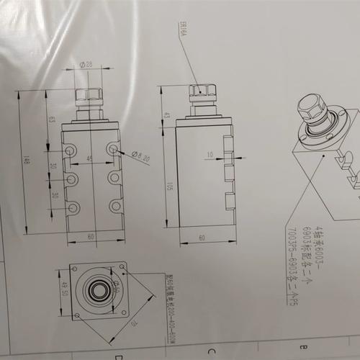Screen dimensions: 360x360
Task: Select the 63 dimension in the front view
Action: (50, 118)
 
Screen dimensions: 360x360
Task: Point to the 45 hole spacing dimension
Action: (90, 158)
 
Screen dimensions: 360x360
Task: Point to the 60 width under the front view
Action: (91, 235)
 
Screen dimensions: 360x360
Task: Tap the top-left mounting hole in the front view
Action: (71, 150)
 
